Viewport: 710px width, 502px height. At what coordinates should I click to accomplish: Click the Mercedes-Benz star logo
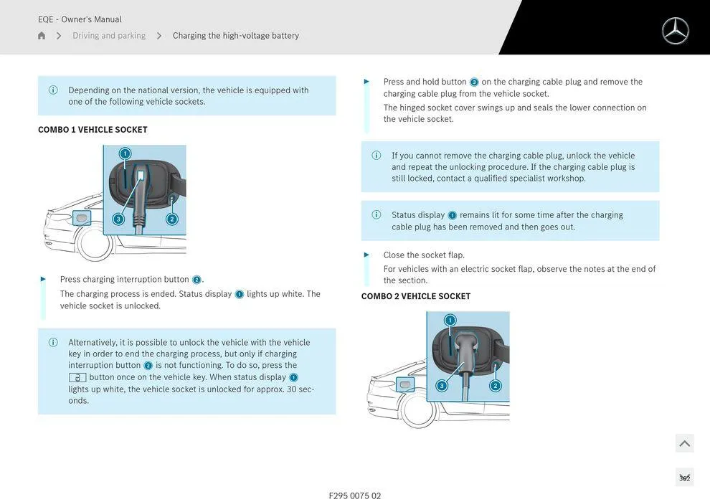pyautogui.click(x=675, y=31)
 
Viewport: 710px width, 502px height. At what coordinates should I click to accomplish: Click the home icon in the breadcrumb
pyautogui.click(x=42, y=36)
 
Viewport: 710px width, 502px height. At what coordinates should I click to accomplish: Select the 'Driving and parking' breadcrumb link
pyautogui.click(x=109, y=36)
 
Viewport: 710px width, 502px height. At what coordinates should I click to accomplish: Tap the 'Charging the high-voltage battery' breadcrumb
pyautogui.click(x=235, y=36)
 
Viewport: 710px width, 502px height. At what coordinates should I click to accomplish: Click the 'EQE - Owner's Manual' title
pyautogui.click(x=80, y=19)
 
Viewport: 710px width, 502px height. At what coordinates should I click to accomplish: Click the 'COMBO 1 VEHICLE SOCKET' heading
pyautogui.click(x=93, y=130)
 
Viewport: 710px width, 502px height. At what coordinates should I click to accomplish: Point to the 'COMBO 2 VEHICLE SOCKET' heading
pyautogui.click(x=416, y=296)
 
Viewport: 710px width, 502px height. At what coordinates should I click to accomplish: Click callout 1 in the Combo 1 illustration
pyautogui.click(x=125, y=153)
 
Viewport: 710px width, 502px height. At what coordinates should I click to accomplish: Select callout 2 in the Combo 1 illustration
pyautogui.click(x=172, y=219)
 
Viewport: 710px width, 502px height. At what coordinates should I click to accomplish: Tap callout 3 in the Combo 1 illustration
pyautogui.click(x=118, y=219)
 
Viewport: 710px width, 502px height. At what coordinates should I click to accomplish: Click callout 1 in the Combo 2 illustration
pyautogui.click(x=450, y=320)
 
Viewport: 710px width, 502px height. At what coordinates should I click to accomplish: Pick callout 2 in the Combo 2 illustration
pyautogui.click(x=495, y=386)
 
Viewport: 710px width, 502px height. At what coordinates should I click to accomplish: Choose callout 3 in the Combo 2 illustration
pyautogui.click(x=442, y=386)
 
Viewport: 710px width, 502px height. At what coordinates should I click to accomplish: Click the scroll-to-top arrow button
pyautogui.click(x=684, y=443)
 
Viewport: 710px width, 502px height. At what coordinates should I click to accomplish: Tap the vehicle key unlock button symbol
pyautogui.click(x=77, y=377)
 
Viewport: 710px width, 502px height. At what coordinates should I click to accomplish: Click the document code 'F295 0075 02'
pyautogui.click(x=355, y=496)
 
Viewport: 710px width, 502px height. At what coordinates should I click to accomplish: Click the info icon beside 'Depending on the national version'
pyautogui.click(x=53, y=90)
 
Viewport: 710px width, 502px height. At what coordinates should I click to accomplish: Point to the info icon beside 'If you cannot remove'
pyautogui.click(x=377, y=156)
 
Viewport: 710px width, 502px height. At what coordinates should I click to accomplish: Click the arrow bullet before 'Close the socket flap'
pyautogui.click(x=367, y=255)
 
